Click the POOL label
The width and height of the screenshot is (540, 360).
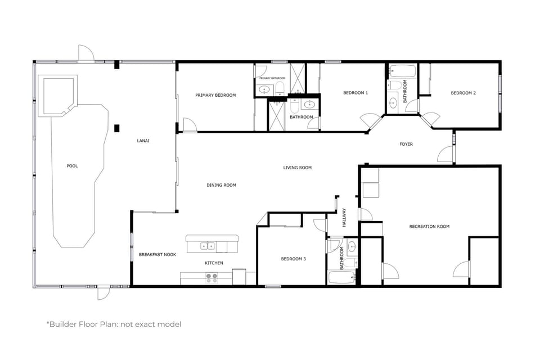click(72, 166)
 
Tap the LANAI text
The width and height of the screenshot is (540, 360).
click(143, 141)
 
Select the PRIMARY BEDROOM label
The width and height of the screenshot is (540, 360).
click(215, 95)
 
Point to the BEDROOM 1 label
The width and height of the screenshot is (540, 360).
click(355, 93)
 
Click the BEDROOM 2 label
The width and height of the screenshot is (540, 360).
click(463, 93)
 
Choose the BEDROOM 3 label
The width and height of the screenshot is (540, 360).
click(294, 259)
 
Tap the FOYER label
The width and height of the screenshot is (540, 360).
click(406, 145)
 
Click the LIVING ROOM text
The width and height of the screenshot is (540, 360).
click(297, 168)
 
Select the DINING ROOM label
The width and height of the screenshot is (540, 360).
click(221, 185)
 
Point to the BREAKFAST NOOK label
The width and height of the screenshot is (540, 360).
click(157, 255)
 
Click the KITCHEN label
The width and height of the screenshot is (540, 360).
click(214, 263)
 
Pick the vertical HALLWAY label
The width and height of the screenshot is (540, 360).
click(344, 218)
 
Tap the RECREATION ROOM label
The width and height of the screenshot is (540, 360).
click(429, 227)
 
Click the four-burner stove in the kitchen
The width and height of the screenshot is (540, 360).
click(211, 277)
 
